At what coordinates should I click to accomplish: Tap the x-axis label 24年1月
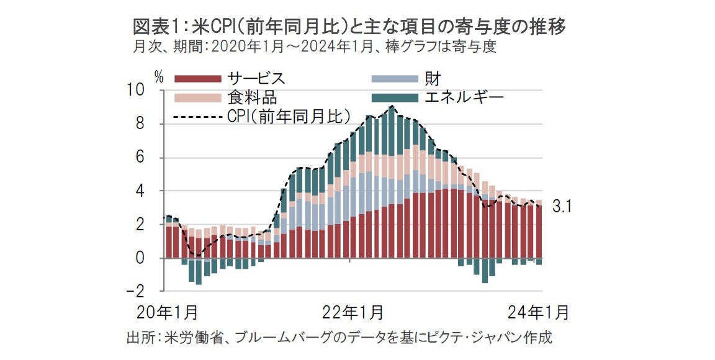point(537,312)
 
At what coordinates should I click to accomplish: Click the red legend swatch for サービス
point(198,79)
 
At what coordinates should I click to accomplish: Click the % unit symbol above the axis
point(160,78)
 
